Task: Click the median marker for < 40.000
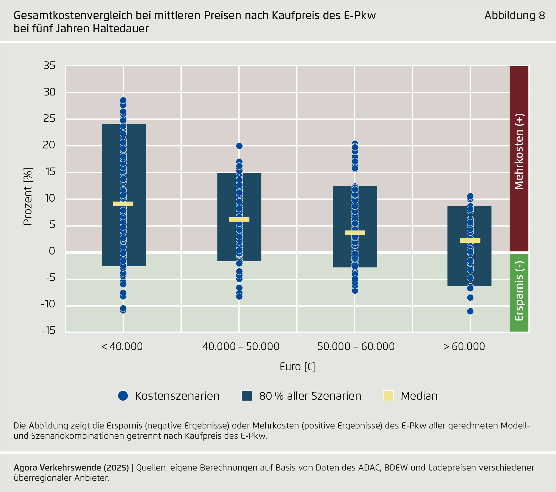tap(123, 204)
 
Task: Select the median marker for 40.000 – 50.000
tap(239, 219)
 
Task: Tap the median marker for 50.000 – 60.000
tap(355, 233)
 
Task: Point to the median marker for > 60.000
tap(470, 241)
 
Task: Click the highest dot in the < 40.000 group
tap(123, 100)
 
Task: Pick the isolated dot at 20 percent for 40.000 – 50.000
tap(239, 146)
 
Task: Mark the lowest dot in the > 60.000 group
tap(470, 311)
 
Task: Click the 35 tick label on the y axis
tap(49, 66)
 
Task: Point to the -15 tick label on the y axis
tap(48, 331)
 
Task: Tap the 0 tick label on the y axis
tap(52, 251)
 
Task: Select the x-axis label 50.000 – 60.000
tap(356, 347)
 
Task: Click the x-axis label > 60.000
tap(464, 347)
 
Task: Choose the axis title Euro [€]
tap(297, 367)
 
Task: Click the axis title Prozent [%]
tap(28, 197)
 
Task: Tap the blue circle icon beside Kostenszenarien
tap(123, 396)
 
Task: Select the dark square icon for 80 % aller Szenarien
tap(247, 396)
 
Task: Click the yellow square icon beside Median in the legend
tap(388, 396)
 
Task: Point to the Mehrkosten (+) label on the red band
tap(519, 152)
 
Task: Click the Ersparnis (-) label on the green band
tap(519, 291)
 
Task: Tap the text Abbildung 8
tap(515, 16)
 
